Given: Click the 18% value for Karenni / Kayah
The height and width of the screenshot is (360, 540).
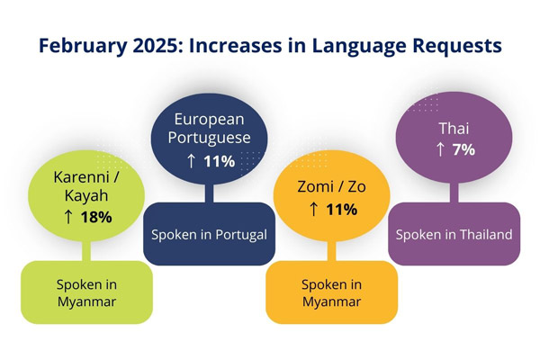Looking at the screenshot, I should tap(95, 217).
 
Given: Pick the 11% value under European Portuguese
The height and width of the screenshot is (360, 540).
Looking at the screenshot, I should tap(219, 161).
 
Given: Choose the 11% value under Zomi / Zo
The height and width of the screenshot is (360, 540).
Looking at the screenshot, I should tap(339, 210).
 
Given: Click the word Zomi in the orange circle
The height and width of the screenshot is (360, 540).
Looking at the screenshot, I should tap(314, 188).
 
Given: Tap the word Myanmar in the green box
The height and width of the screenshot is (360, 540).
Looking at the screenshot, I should tap(86, 301).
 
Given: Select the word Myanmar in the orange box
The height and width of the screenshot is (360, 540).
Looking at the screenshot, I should tap(331, 301).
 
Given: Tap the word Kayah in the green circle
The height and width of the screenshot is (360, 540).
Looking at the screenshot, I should tap(86, 196).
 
